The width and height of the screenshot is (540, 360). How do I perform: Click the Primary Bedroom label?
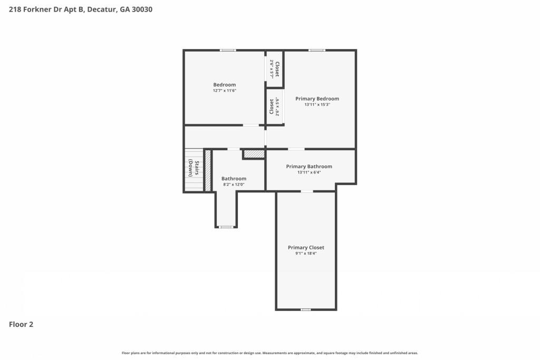317,99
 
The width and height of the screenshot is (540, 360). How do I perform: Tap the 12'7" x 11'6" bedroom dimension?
225,91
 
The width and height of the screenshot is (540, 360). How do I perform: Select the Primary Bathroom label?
309,167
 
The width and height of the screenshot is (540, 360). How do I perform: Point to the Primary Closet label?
306,247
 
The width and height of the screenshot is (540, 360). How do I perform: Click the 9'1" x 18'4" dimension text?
306,254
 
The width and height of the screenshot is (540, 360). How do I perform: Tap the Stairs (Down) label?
194,168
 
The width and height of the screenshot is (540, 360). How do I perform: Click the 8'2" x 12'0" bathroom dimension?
234,184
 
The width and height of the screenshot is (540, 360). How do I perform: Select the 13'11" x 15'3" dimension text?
317,105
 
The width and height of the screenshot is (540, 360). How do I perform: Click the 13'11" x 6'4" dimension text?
309,172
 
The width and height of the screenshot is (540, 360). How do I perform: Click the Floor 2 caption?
21,324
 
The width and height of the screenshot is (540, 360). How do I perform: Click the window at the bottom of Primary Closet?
305,310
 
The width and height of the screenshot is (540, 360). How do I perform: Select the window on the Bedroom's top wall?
228,50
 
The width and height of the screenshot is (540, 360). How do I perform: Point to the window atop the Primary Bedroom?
317,50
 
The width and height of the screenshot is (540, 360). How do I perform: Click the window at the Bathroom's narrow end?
226,227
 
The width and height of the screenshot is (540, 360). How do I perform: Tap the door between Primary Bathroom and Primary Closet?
307,191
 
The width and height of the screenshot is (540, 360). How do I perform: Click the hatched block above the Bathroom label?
254,154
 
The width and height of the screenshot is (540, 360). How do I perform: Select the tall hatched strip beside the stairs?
208,170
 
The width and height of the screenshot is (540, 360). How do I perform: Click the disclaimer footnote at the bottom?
269,353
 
